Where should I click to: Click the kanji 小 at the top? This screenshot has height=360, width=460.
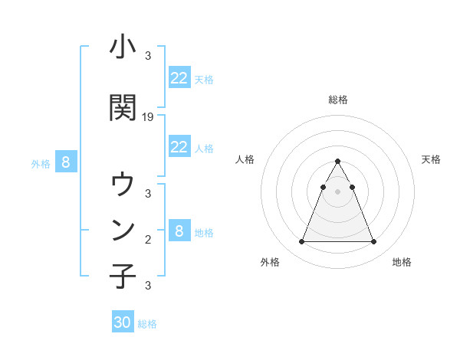click(123, 47)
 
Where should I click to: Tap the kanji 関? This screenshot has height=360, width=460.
click(123, 108)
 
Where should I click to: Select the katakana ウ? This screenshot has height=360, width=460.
click(123, 184)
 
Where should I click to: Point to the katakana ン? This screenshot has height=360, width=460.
click(123, 229)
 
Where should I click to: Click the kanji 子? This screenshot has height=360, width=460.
click(123, 276)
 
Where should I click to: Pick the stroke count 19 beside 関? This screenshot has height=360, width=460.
click(148, 117)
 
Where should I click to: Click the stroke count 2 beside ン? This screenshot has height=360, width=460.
click(148, 239)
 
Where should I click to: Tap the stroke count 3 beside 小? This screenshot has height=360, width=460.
click(148, 55)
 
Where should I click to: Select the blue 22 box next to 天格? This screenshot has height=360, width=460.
click(179, 77)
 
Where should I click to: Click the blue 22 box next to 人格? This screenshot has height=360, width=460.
click(179, 146)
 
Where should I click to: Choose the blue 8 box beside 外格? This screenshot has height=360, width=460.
click(66, 162)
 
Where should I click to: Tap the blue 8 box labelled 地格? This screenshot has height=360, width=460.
click(179, 231)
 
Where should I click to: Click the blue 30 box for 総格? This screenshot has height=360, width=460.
click(123, 322)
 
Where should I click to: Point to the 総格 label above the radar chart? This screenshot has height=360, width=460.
click(338, 100)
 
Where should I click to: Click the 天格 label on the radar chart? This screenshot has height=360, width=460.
click(431, 159)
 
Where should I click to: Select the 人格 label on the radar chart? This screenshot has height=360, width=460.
click(245, 159)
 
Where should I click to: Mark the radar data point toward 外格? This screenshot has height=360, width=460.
click(301, 242)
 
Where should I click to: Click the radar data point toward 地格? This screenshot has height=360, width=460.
click(374, 242)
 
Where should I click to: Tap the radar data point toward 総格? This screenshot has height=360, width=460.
click(338, 161)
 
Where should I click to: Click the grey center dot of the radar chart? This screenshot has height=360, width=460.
click(338, 191)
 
